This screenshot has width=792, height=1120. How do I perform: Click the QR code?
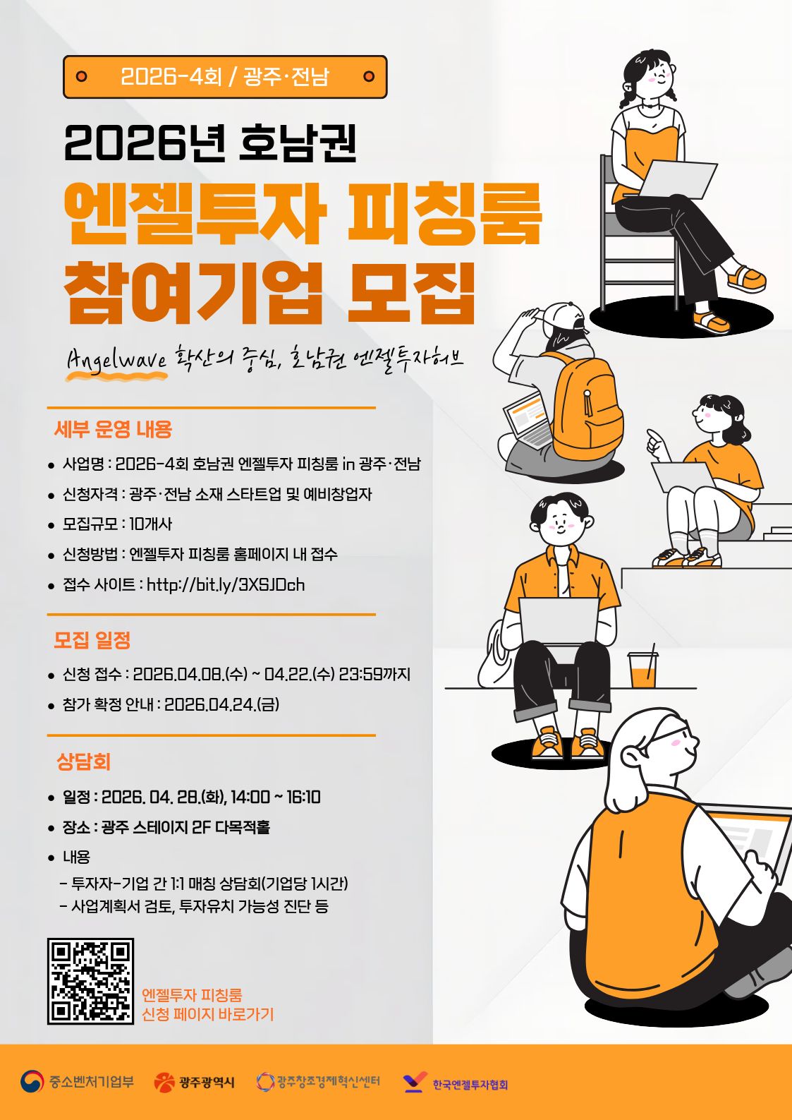[x=90, y=981]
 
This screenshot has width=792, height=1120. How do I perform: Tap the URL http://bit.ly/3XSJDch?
[x=226, y=584]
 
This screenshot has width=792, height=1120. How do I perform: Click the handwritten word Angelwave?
[x=116, y=359]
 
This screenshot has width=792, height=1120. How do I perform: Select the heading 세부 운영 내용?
[x=113, y=430]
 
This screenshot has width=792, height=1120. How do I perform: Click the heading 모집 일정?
[x=92, y=639]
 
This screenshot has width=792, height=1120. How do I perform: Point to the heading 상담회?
[x=83, y=761]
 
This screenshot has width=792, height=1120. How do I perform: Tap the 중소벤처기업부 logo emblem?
[x=32, y=1081]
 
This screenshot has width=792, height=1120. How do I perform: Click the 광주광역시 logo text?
[x=207, y=1083]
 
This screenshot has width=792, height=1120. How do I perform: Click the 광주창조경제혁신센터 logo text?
[x=329, y=1081]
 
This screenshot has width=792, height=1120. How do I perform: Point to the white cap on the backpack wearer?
[x=563, y=315]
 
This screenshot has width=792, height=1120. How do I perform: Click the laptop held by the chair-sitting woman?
[x=677, y=179]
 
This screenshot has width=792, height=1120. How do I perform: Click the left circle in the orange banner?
[x=81, y=76]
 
